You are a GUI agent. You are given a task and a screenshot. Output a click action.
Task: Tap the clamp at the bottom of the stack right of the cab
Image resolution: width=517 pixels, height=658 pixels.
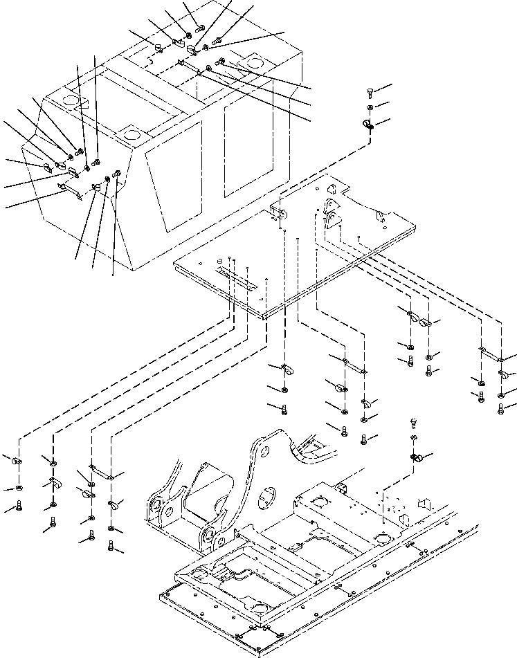coord(368,124)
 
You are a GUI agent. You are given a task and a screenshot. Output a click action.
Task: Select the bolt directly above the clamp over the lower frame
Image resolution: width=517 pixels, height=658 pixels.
coord(413,421)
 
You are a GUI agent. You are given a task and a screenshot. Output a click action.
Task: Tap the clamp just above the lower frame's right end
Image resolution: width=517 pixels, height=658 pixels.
coord(417,457)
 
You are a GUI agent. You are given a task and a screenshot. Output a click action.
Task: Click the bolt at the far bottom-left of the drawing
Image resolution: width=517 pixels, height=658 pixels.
coord(19,506)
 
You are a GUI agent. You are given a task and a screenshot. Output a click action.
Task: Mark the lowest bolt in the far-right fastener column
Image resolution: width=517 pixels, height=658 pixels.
coord(500,408)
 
